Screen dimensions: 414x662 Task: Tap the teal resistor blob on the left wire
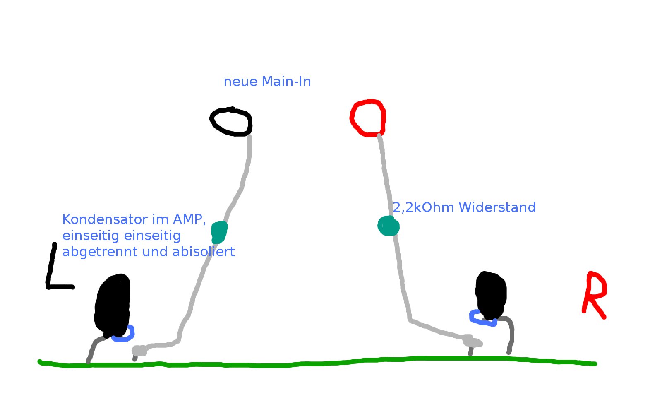point(219,231)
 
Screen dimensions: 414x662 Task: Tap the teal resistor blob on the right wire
point(389,226)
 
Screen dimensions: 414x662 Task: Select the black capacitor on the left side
point(112,306)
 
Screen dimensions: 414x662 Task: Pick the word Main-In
point(286,82)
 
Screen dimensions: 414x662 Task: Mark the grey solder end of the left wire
point(139,351)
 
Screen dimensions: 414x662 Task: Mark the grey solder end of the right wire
point(472,342)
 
